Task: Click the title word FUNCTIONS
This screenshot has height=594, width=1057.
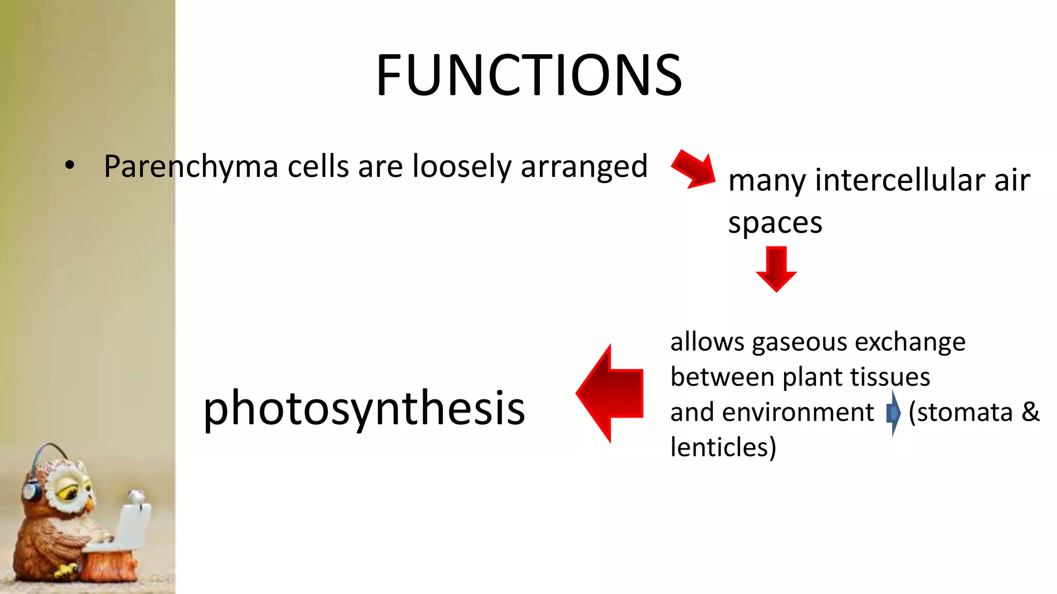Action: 528,75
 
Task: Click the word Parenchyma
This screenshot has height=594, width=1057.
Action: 191,167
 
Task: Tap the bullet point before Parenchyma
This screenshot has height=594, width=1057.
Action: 70,166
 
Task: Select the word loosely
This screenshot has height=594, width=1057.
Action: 461,167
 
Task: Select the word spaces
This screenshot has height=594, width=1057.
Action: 774,223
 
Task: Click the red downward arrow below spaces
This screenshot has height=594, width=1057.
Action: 776,269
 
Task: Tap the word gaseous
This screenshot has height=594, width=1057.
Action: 799,342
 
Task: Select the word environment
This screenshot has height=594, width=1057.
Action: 797,412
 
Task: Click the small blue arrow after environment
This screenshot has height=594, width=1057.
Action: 893,413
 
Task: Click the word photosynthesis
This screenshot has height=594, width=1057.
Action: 364,408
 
